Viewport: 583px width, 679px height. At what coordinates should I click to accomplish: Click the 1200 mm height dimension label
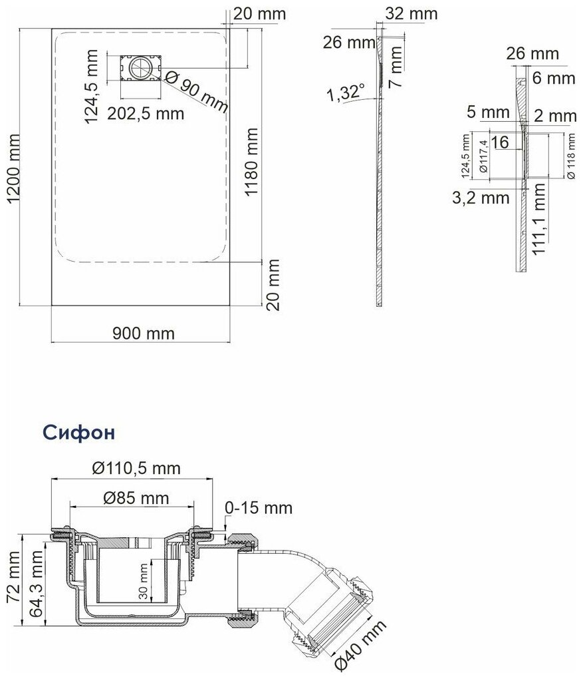click(13, 168)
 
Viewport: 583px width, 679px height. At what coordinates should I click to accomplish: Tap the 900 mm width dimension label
click(144, 334)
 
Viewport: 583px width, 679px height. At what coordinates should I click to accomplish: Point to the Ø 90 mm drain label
click(196, 93)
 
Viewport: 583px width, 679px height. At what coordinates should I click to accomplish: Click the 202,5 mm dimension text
click(146, 114)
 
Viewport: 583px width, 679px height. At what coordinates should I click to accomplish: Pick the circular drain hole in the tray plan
click(140, 68)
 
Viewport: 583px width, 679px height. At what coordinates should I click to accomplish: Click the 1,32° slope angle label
click(345, 93)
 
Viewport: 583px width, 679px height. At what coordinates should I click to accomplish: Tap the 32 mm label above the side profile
click(411, 14)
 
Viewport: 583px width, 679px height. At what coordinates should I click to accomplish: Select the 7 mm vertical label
click(396, 67)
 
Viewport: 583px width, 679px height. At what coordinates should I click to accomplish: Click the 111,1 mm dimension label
click(539, 219)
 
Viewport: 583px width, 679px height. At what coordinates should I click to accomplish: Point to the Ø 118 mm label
click(571, 156)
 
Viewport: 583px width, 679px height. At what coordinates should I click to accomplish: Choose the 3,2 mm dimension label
click(481, 198)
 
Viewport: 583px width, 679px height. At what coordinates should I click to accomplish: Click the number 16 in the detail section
click(500, 142)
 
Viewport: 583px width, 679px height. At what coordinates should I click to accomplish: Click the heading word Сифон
click(79, 432)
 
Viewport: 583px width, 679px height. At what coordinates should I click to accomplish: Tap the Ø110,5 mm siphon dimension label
click(136, 468)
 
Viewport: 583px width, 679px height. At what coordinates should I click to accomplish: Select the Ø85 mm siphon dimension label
click(136, 498)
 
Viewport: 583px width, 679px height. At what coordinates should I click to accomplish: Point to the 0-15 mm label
click(259, 507)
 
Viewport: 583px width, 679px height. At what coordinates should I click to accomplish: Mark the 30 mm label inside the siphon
click(144, 581)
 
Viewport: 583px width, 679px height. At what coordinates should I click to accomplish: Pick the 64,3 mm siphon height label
click(36, 584)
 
